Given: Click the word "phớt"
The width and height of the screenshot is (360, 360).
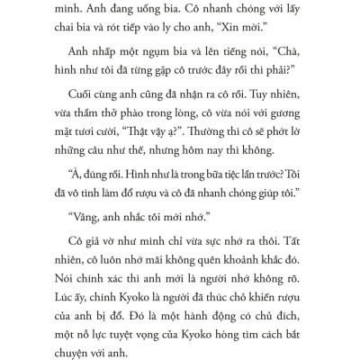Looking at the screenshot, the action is [x=277, y=160].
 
